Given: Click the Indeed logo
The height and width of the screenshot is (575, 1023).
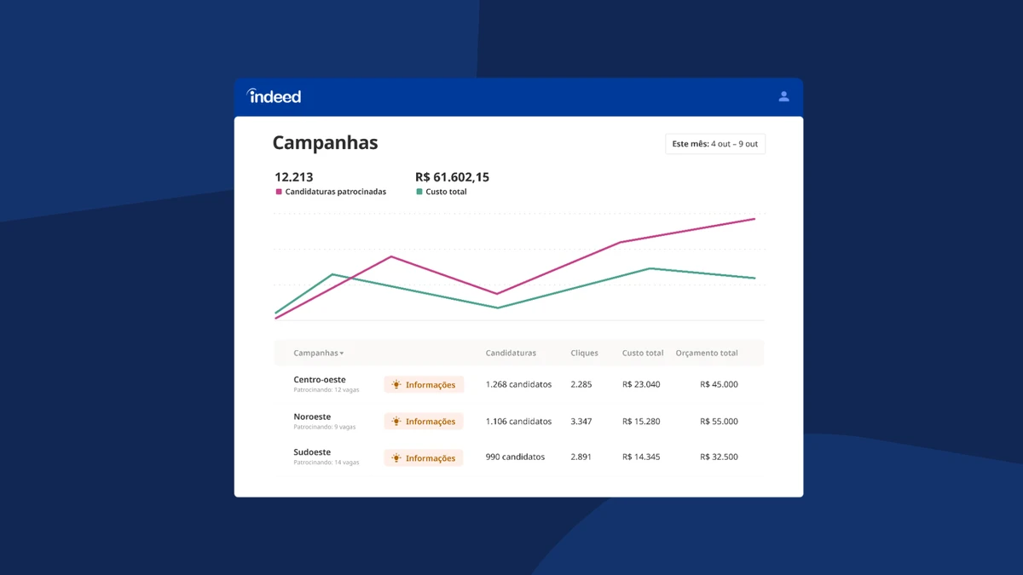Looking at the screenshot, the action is tap(274, 95).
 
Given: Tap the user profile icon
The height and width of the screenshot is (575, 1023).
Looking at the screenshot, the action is tap(783, 96).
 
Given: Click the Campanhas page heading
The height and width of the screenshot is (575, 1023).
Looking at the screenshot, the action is tap(325, 142).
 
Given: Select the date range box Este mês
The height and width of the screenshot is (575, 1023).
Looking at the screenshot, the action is tap(715, 144).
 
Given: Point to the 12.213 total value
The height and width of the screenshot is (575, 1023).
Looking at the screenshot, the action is tap(293, 177).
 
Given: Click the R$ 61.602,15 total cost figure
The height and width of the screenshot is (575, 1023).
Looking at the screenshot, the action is tap(452, 177).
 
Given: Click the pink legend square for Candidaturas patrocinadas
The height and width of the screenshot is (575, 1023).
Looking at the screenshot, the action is tap(279, 192).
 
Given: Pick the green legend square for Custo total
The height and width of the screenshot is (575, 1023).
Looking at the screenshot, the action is tap(419, 192).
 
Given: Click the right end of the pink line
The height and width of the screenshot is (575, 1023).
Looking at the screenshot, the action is tap(754, 219).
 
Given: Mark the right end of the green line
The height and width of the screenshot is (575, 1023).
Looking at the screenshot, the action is tap(754, 278).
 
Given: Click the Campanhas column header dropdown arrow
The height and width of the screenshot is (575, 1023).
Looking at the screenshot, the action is tap(342, 354).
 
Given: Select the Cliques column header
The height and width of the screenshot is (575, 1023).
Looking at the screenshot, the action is tap(584, 353).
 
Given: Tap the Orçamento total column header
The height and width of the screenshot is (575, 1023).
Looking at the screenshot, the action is tap(707, 353).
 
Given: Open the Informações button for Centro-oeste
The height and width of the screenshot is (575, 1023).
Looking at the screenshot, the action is tap(424, 384).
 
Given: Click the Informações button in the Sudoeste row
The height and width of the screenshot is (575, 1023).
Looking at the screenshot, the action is tap(424, 457).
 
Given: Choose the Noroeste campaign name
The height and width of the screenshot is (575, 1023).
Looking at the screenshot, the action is tap(312, 417).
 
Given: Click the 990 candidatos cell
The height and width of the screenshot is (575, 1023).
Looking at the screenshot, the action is tap(515, 457).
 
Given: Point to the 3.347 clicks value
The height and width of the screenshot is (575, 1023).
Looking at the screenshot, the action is tap(581, 421).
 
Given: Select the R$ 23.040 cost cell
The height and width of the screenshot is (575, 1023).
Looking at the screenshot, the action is tap(641, 384).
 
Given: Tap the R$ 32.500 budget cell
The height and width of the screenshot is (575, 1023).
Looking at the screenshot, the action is tap(719, 457).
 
